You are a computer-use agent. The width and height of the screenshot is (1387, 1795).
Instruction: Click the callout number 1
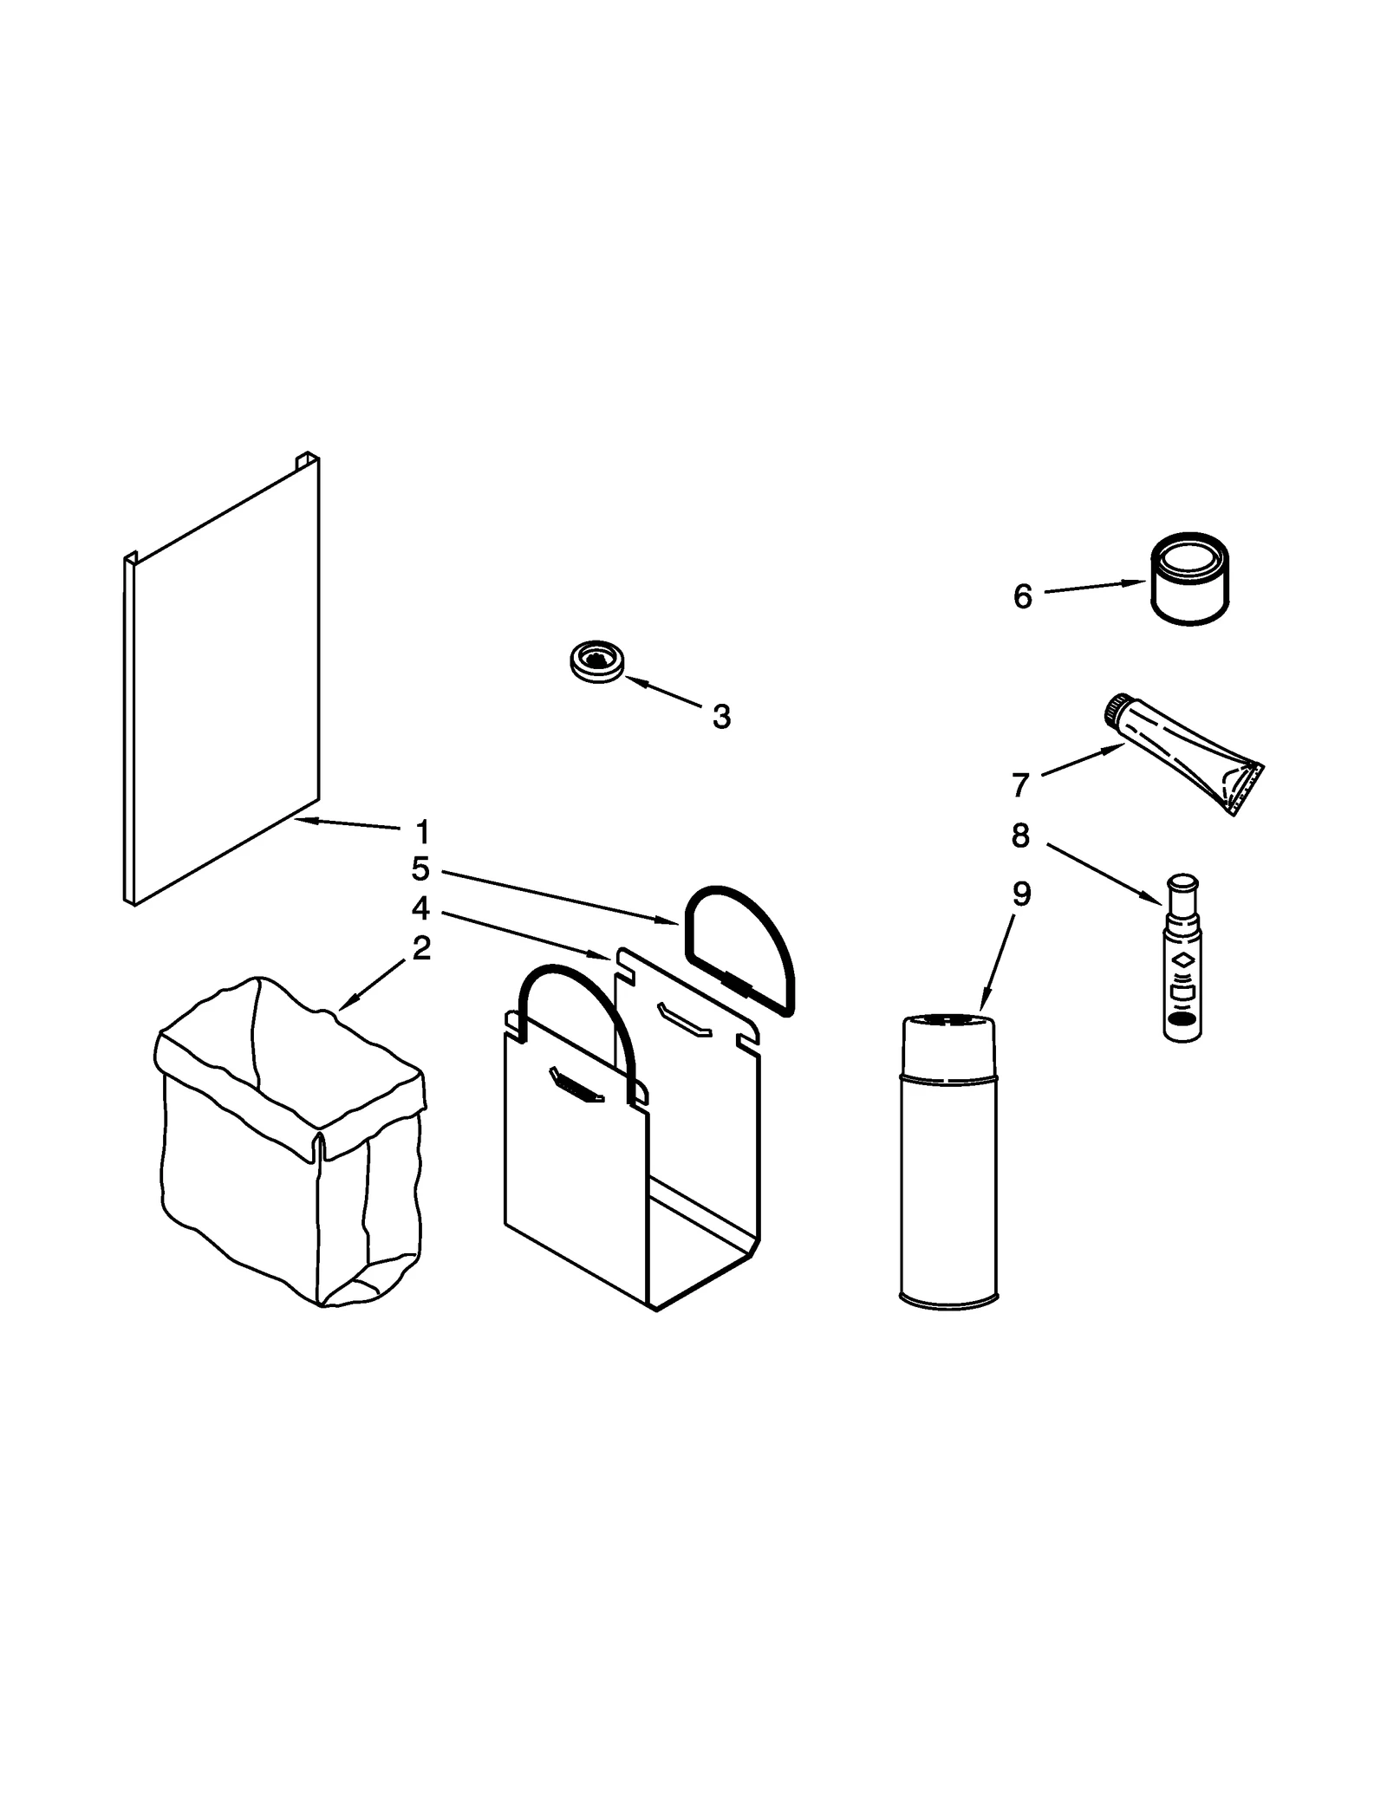coord(422,833)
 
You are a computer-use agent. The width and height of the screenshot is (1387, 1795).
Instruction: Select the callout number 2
coord(421,948)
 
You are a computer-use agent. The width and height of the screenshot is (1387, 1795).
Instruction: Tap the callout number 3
coord(721,717)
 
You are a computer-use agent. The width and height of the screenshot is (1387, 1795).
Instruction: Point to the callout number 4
coord(420,908)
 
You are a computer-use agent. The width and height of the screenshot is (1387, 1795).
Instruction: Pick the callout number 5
coord(420,868)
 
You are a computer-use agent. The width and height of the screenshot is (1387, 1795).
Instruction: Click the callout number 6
coord(1023,597)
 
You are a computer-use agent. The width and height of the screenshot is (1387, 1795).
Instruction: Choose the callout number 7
coord(1020,785)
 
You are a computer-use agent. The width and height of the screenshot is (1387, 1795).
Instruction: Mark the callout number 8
coord(1020,836)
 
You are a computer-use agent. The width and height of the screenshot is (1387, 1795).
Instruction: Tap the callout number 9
coord(1021,894)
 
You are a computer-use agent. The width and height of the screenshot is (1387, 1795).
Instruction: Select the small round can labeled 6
coord(1191,579)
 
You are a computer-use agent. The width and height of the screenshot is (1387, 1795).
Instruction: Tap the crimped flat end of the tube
coord(1247,789)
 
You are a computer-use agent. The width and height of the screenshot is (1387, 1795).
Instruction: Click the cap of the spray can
coord(948,1046)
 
